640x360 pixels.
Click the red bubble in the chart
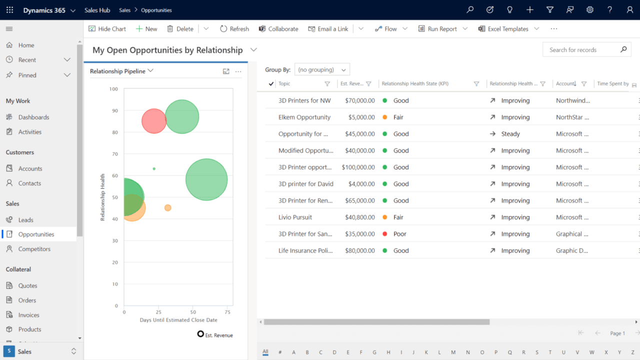click(x=153, y=121)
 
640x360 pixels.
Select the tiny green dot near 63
click(x=154, y=168)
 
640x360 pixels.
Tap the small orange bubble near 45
click(x=168, y=207)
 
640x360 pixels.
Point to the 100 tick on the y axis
click(x=113, y=89)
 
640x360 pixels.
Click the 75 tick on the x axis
click(x=227, y=312)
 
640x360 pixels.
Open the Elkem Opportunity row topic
click(x=304, y=117)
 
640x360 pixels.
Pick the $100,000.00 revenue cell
click(x=358, y=167)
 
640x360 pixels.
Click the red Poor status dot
click(x=384, y=234)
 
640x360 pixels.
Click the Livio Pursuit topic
click(x=295, y=217)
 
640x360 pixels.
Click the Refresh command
click(x=234, y=29)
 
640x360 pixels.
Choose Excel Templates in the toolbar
click(x=507, y=29)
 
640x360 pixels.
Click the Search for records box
click(x=580, y=50)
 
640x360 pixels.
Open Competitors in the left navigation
click(x=34, y=249)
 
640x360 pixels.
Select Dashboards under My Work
click(x=33, y=117)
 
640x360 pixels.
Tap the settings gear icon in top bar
click(x=590, y=10)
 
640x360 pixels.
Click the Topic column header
click(x=284, y=84)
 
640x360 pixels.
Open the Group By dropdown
click(x=322, y=69)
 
